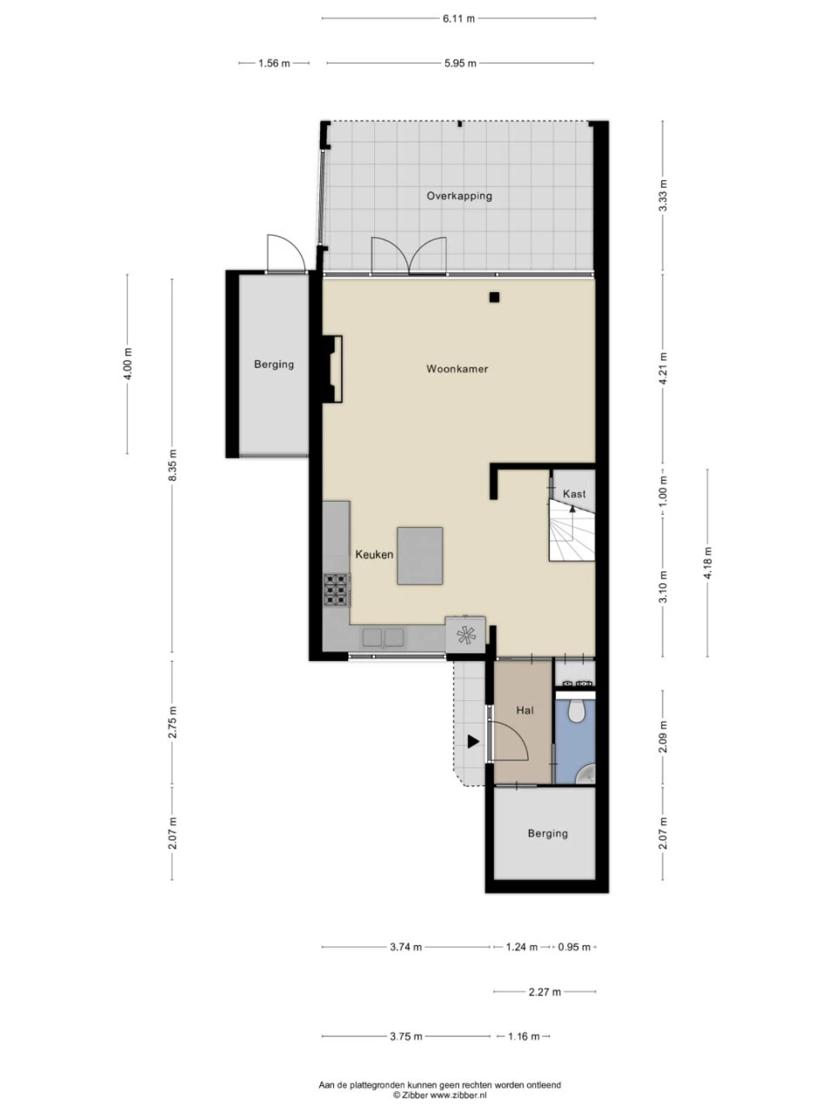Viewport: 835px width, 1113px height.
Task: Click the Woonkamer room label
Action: tap(457, 369)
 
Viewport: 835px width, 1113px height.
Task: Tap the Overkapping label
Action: tap(459, 196)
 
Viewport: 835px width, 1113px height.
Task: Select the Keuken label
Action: tap(374, 554)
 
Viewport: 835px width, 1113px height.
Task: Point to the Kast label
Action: tap(574, 493)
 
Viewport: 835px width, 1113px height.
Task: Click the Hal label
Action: tap(524, 710)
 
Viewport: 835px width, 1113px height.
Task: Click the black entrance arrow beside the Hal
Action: tap(473, 742)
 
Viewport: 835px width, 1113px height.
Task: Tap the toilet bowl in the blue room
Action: tap(576, 710)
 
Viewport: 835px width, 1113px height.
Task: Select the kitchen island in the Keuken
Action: tap(420, 556)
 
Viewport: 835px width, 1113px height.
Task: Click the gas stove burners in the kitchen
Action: tap(337, 590)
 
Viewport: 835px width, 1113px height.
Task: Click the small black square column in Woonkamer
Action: tap(494, 297)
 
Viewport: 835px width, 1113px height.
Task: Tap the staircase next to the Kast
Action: tap(571, 530)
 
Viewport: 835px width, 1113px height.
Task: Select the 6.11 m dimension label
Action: tap(459, 19)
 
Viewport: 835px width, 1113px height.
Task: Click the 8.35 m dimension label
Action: tap(172, 465)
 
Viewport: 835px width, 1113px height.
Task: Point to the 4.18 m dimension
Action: tap(708, 563)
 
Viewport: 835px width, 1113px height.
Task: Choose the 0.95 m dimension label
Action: tap(574, 947)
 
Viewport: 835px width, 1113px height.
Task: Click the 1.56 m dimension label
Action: tap(274, 63)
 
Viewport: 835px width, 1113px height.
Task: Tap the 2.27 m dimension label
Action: tap(545, 992)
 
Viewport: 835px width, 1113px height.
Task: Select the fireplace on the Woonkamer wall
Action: tap(331, 370)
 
